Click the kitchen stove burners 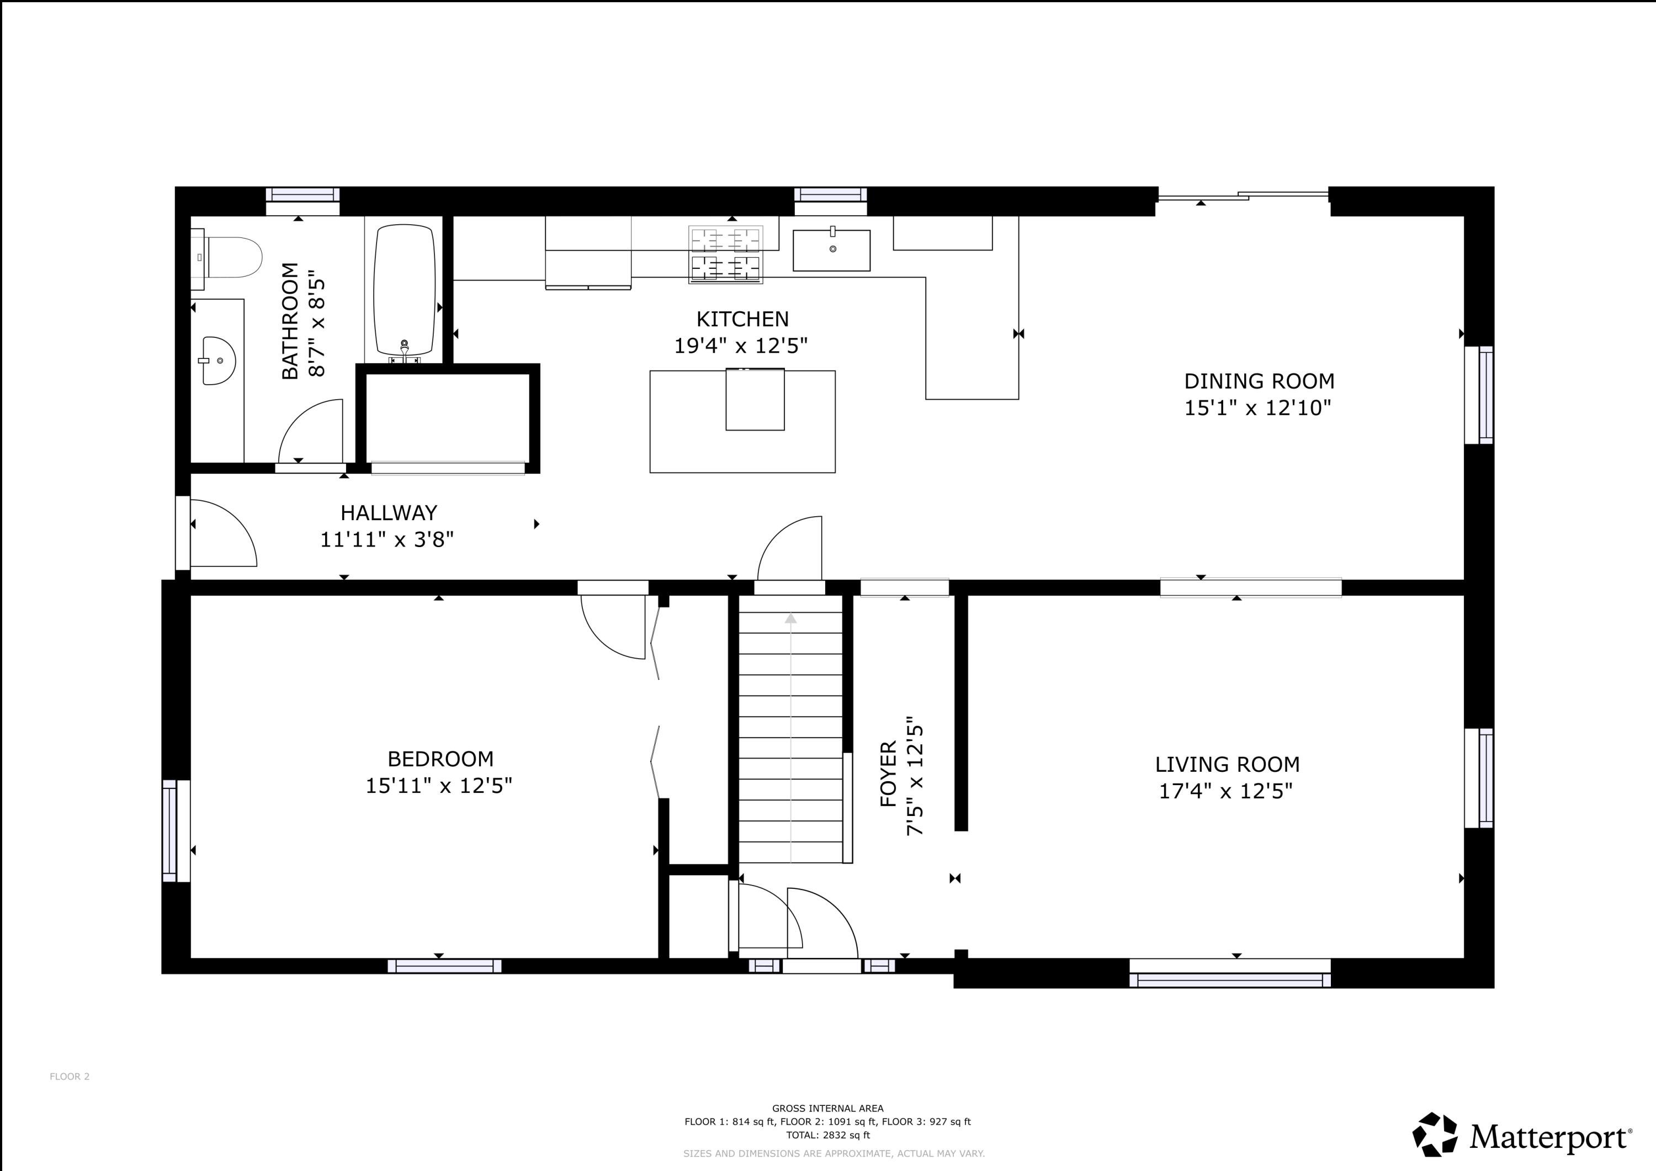tap(725, 255)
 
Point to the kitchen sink tap(832, 250)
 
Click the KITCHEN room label tap(742, 319)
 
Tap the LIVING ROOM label tap(1227, 764)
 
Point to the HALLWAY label tap(389, 513)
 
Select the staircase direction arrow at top tap(790, 618)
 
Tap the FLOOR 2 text tap(69, 1077)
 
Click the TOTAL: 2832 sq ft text tap(827, 1135)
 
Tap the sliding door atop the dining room tap(1242, 195)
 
